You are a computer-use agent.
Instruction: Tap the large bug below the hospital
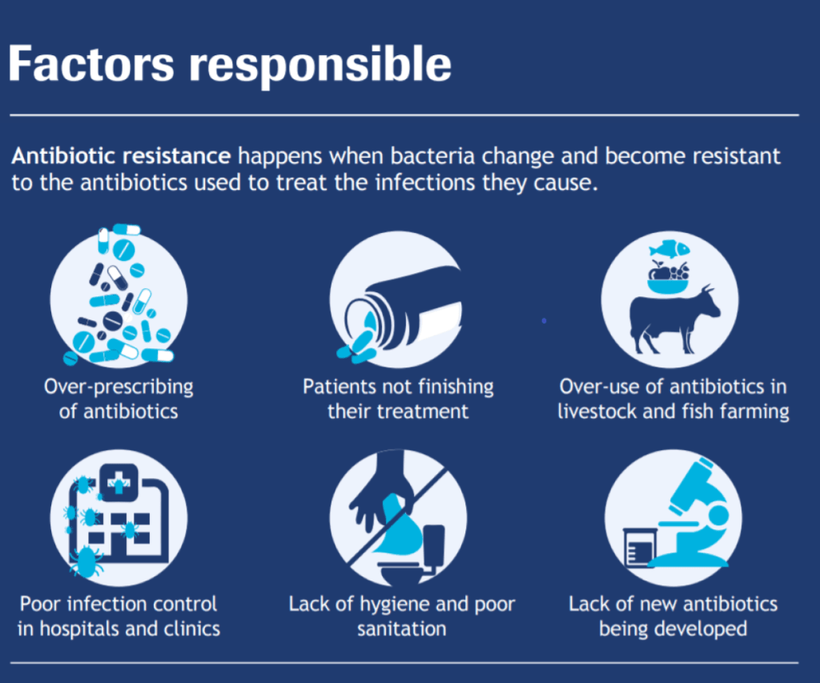(85, 561)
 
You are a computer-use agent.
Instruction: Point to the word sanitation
(401, 629)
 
